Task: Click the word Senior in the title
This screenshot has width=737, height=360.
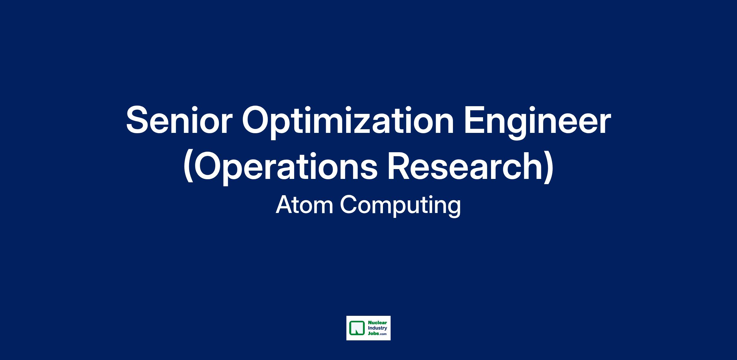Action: coord(178,120)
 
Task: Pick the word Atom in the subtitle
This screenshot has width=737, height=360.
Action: coord(304,205)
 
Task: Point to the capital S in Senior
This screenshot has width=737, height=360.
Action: coord(138,120)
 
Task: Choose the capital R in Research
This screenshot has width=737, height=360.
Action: coord(400,166)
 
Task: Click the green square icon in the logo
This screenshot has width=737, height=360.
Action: coord(356,328)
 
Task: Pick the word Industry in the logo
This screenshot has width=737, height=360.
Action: coord(377,328)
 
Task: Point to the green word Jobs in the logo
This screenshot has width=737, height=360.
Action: coord(373,334)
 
